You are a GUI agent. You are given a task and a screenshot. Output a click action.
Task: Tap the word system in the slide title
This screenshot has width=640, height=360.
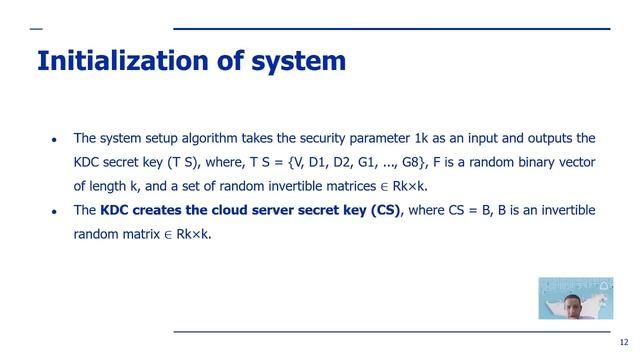296,62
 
